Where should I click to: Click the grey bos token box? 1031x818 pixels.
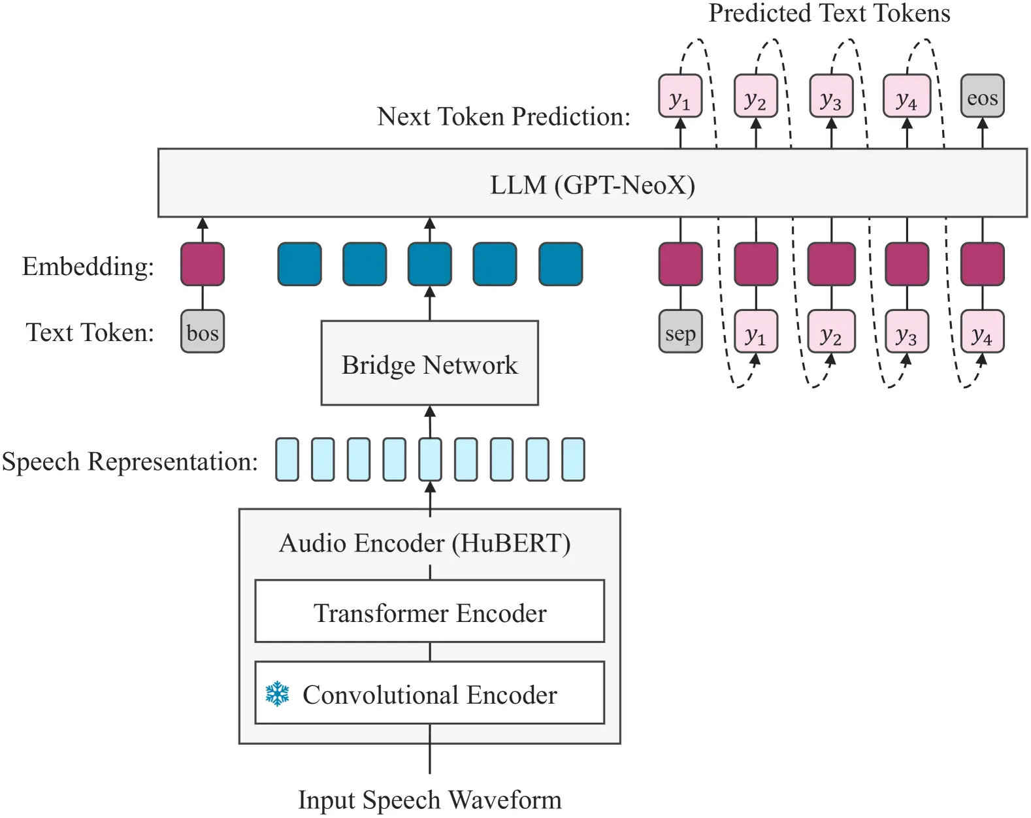pyautogui.click(x=202, y=332)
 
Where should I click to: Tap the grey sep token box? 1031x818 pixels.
pyautogui.click(x=680, y=332)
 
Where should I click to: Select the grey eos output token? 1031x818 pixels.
pyautogui.click(x=982, y=96)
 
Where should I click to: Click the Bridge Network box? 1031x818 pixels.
pyautogui.click(x=430, y=363)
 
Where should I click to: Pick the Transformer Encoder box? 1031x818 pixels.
pyautogui.click(x=430, y=612)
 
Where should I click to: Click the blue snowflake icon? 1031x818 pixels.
pyautogui.click(x=278, y=693)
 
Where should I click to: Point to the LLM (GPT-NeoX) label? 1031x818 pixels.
pyautogui.click(x=593, y=184)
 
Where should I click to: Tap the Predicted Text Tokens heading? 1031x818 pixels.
pyautogui.click(x=829, y=13)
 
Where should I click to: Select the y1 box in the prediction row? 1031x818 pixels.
pyautogui.click(x=680, y=96)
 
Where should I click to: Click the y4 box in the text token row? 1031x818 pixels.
pyautogui.click(x=982, y=332)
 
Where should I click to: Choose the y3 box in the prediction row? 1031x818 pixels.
pyautogui.click(x=831, y=96)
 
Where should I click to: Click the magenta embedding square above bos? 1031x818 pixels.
pyautogui.click(x=202, y=264)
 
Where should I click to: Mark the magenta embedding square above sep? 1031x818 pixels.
pyautogui.click(x=680, y=264)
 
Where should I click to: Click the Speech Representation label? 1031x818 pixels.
pyautogui.click(x=130, y=461)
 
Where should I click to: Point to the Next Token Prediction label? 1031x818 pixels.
pyautogui.click(x=504, y=116)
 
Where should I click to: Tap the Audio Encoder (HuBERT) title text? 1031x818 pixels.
pyautogui.click(x=425, y=544)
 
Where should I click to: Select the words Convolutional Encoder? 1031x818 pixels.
pyautogui.click(x=430, y=695)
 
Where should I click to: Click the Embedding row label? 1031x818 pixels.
pyautogui.click(x=88, y=266)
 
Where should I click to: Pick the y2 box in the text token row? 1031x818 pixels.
pyautogui.click(x=831, y=332)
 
